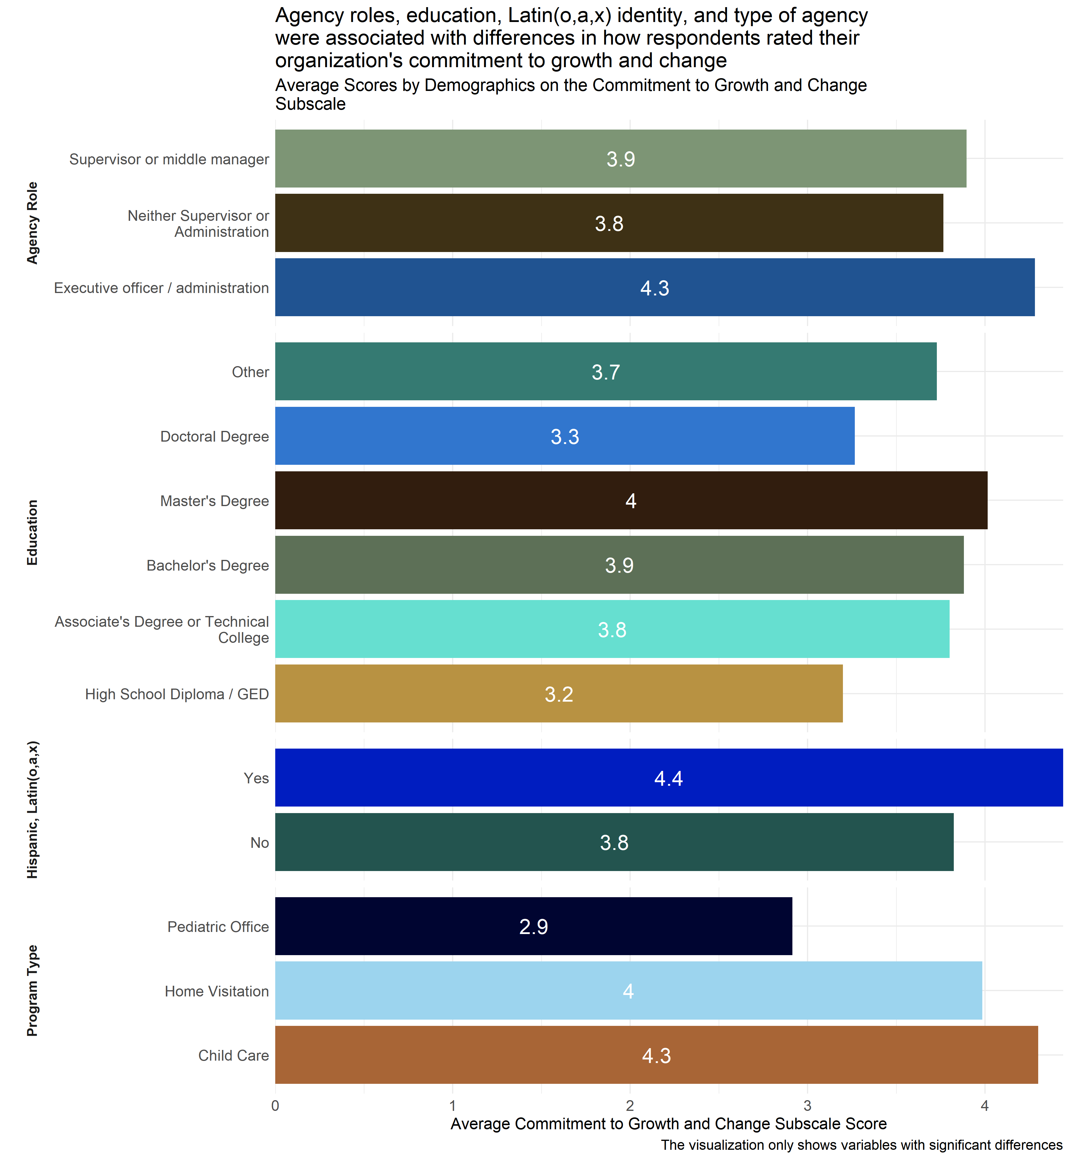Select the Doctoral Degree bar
pyautogui.click(x=564, y=436)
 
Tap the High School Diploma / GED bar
pyautogui.click(x=559, y=694)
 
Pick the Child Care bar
pyautogui.click(x=656, y=1055)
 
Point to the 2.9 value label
pyautogui.click(x=533, y=927)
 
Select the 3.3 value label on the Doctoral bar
pyautogui.click(x=564, y=437)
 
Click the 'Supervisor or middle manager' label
pyautogui.click(x=169, y=159)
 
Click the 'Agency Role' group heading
pyautogui.click(x=32, y=223)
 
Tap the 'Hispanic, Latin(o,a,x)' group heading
pyautogui.click(x=32, y=809)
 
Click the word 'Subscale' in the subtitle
pyautogui.click(x=310, y=104)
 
